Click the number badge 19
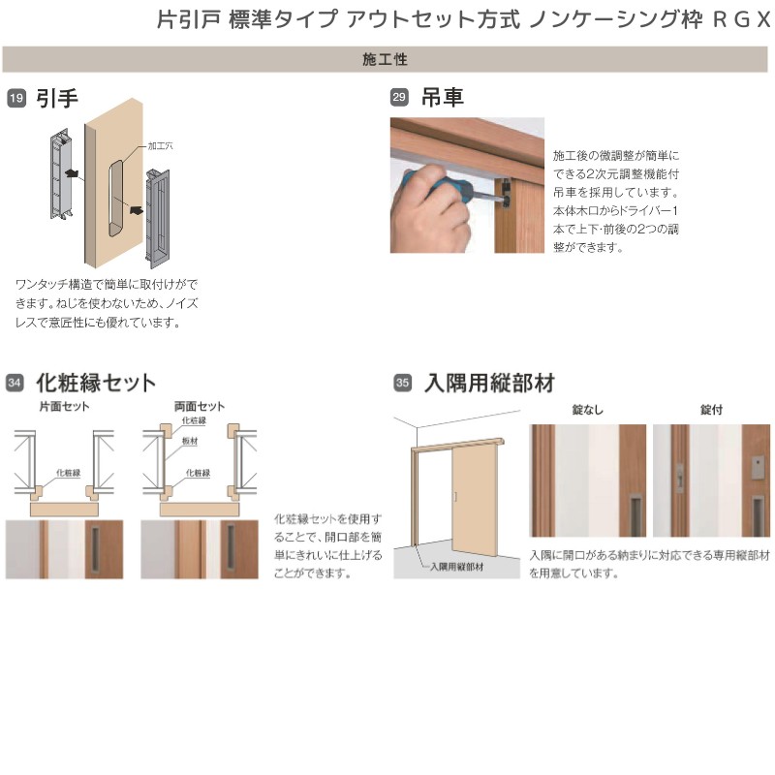(16, 98)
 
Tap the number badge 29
(399, 98)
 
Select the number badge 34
(15, 383)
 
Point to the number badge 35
(402, 383)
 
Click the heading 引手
(56, 98)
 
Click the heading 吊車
(442, 98)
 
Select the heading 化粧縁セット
(95, 382)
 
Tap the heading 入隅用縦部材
(489, 382)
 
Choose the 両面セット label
(199, 407)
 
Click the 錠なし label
(587, 410)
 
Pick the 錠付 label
(711, 410)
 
